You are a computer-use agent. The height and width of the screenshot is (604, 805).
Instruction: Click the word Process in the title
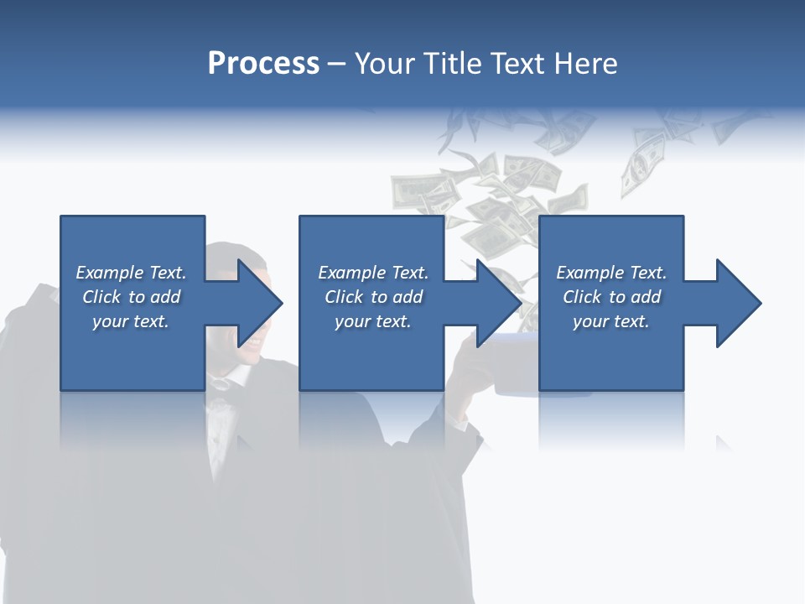coord(263,64)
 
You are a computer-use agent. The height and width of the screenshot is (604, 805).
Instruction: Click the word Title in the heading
coord(453,64)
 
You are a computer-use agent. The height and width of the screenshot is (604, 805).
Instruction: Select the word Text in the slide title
coord(518,64)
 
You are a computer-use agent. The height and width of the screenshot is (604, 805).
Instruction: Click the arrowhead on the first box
coord(260,303)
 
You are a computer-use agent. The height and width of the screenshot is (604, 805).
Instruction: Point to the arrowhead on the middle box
coord(500,303)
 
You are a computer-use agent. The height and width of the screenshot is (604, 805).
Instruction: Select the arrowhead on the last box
coord(739,303)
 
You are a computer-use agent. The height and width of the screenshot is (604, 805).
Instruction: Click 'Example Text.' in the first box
coord(131,273)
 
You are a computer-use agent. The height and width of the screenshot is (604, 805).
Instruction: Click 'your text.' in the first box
coord(131,321)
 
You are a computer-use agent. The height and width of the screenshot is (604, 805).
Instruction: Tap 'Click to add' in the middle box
coord(373,297)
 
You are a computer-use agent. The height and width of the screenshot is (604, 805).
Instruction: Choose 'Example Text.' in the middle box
coord(373,273)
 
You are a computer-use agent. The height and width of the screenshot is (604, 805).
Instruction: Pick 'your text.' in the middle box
coord(373,321)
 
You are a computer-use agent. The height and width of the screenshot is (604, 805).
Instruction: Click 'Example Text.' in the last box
coord(611,273)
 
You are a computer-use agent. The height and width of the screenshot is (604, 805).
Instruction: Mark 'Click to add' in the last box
coord(611,297)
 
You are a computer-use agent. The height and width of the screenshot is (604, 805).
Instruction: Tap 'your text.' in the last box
coord(611,321)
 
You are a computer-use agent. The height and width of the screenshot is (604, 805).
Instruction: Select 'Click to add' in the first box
coord(131,297)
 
